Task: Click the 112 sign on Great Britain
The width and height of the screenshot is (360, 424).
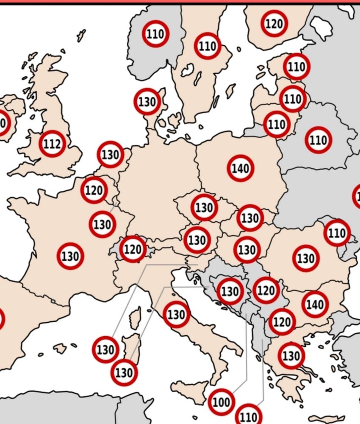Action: coord(52,144)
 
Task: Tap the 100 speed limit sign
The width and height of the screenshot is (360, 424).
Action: coord(221,401)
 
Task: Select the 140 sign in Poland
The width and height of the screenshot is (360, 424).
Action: coord(240,168)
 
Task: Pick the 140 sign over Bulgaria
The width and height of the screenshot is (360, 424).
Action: coord(315,304)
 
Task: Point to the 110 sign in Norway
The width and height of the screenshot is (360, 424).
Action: coord(156,33)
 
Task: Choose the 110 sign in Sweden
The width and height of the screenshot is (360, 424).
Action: coord(208,46)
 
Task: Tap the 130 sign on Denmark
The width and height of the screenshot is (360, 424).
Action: coord(147,102)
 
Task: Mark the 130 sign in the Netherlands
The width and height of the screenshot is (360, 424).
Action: coord(110,155)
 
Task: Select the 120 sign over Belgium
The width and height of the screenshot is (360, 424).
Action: coord(94,190)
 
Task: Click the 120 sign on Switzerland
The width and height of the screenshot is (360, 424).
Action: coord(133,249)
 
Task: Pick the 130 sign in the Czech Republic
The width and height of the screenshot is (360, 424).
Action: coord(204,208)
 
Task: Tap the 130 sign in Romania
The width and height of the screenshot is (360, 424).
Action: coord(305,258)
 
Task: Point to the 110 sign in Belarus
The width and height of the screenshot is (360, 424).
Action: coord(318,140)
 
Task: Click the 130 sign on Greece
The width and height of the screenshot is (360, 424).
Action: coord(291,355)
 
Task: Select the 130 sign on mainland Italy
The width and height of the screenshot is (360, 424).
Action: coord(176,314)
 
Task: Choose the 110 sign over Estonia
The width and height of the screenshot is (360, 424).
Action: coord(296,67)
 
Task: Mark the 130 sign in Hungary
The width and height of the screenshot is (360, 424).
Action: coord(246,250)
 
